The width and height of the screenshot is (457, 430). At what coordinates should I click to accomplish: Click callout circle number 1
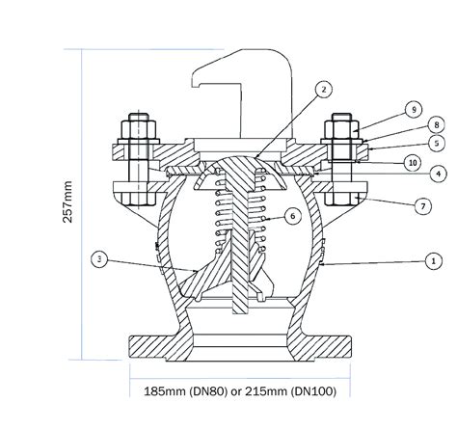434,261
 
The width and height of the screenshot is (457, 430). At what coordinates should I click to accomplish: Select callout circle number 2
324,90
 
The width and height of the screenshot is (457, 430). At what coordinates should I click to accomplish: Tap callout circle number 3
99,259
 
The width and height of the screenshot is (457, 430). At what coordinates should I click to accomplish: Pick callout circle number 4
438,174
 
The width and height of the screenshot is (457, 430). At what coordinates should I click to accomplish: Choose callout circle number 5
437,143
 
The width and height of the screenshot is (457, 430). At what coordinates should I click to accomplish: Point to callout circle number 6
292,216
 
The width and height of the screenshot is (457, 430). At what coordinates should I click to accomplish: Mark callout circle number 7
422,206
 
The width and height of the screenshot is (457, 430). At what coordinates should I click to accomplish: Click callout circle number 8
436,124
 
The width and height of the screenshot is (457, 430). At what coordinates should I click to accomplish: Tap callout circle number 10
413,163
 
